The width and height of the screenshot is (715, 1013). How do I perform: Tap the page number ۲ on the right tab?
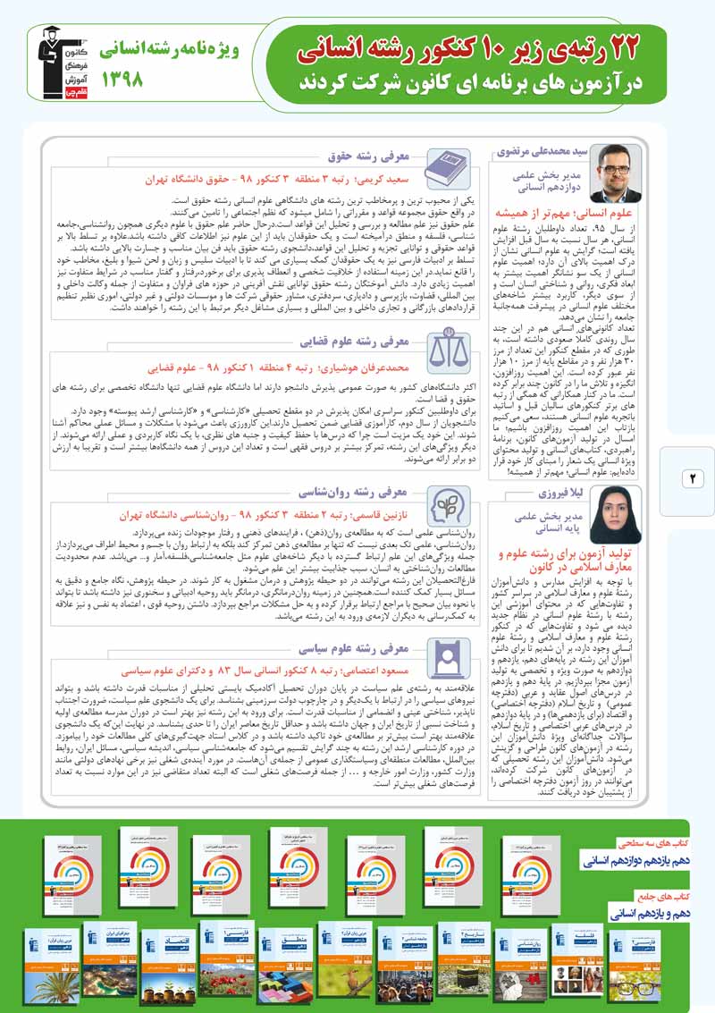[x=692, y=479]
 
